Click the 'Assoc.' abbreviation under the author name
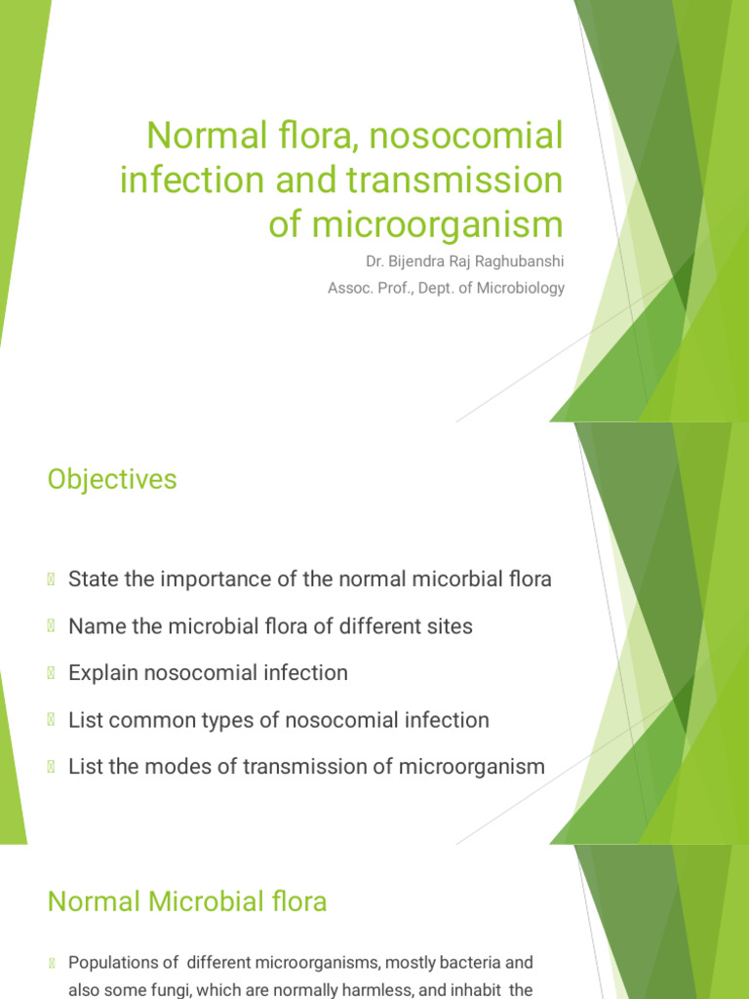point(350,288)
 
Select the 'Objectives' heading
point(112,480)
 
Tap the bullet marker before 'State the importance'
point(52,579)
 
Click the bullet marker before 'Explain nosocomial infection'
point(52,673)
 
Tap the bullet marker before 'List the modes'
point(52,767)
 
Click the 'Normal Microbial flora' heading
point(187,901)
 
